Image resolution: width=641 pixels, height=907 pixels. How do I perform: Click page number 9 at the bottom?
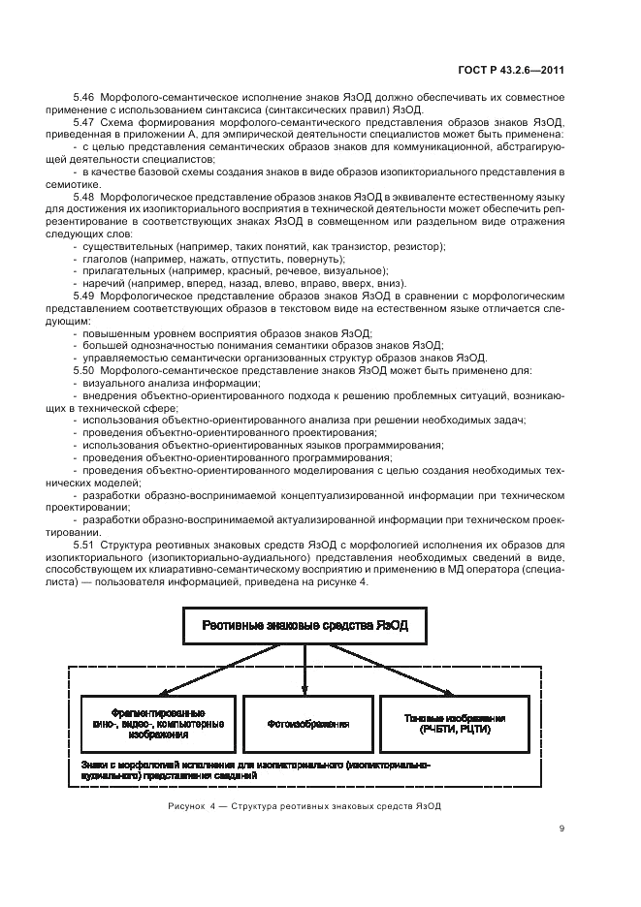561,829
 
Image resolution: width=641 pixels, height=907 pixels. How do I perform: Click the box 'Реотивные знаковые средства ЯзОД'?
305,626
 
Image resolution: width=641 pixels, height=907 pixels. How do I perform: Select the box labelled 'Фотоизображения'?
306,723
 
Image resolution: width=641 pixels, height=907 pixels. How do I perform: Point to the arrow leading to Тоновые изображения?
388,669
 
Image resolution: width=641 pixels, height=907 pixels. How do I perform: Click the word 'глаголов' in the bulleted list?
104,259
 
